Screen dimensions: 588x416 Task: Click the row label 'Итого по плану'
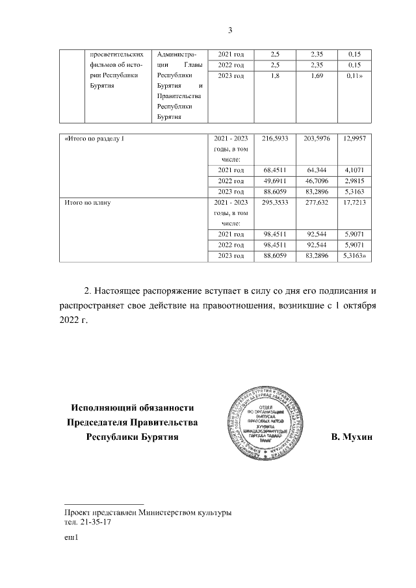pos(88,202)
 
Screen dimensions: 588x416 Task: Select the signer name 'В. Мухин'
pos(351,437)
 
